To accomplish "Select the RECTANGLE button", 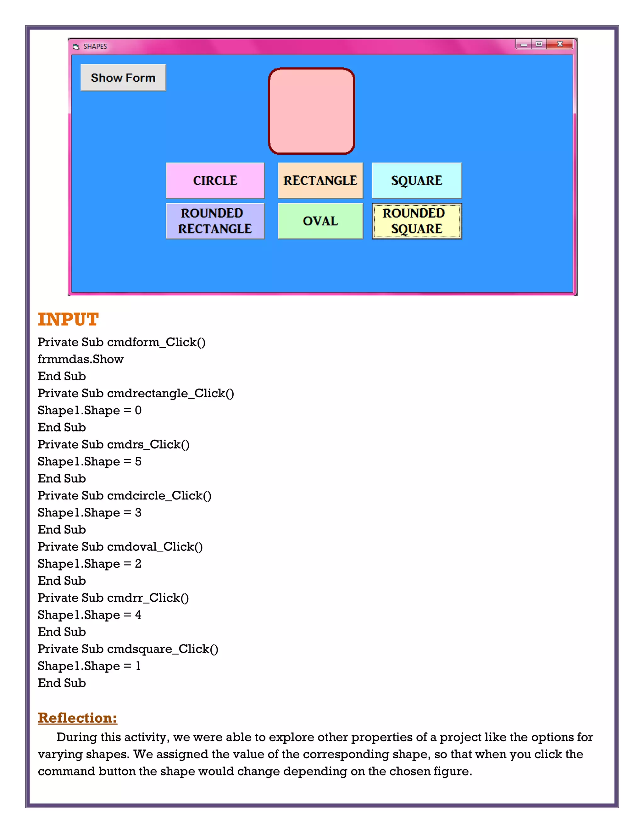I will pos(320,180).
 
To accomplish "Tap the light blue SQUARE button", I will pos(417,180).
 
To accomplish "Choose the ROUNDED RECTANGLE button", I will pos(215,221).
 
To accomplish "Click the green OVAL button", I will pos(320,221).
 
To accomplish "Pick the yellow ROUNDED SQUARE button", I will pos(417,221).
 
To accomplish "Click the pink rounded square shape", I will pos(311,111).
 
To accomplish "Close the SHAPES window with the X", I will pos(560,44).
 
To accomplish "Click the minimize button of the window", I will pos(524,45).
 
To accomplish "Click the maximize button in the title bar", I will pos(539,44).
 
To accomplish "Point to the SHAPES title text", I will pos(95,47).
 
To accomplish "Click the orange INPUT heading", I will pos(68,319).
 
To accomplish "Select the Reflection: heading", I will pos(77,718).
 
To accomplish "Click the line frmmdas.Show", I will pos(80,359).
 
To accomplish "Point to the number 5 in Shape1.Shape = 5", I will pos(138,461).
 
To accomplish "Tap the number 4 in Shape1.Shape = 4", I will pos(138,615).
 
